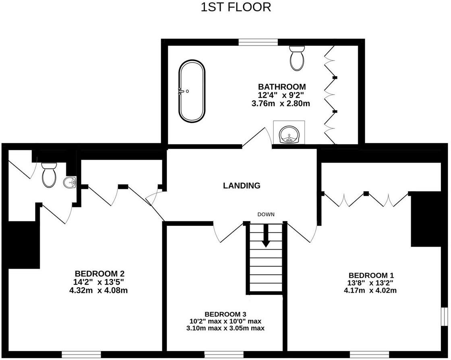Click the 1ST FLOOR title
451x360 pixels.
236,7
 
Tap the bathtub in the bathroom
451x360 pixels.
192,91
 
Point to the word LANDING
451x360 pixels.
242,186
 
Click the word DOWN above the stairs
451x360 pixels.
266,215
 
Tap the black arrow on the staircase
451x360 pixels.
266,236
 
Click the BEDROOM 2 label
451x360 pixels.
98,273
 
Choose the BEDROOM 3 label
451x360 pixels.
225,314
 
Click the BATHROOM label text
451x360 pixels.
282,87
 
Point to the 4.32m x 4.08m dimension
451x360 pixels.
98,290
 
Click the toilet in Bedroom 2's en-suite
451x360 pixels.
49,175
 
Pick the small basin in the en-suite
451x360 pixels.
70,182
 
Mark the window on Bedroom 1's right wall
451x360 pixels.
445,319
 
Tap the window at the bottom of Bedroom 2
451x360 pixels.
81,354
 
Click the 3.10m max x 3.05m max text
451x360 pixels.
225,329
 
